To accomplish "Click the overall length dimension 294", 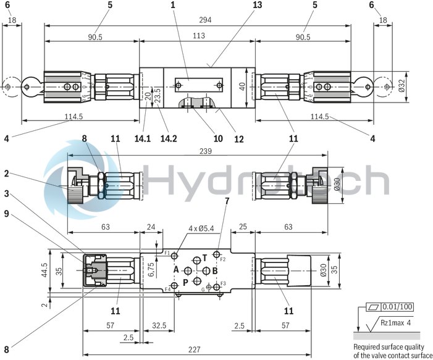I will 204,20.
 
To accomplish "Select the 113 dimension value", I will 198,36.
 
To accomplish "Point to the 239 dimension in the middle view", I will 198,151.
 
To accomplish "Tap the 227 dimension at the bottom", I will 195,350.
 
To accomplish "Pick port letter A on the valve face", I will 175,270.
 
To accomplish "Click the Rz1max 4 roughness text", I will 396,322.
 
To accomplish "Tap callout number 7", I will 227,201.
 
